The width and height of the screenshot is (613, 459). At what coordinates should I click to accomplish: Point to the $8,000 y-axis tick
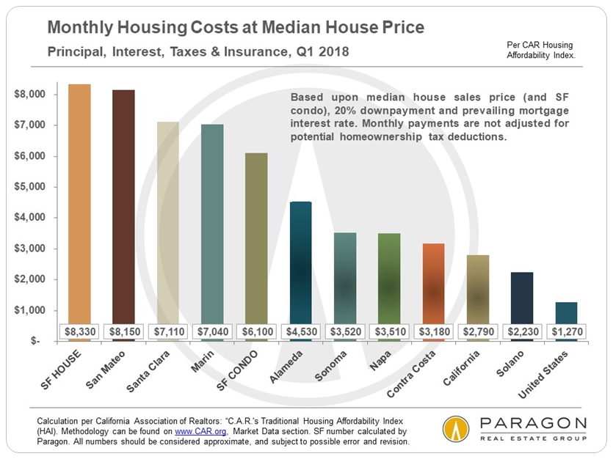[29, 95]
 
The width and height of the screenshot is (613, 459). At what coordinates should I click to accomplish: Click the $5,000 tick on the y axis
[29, 187]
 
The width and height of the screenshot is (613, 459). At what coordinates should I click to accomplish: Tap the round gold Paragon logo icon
[457, 430]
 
